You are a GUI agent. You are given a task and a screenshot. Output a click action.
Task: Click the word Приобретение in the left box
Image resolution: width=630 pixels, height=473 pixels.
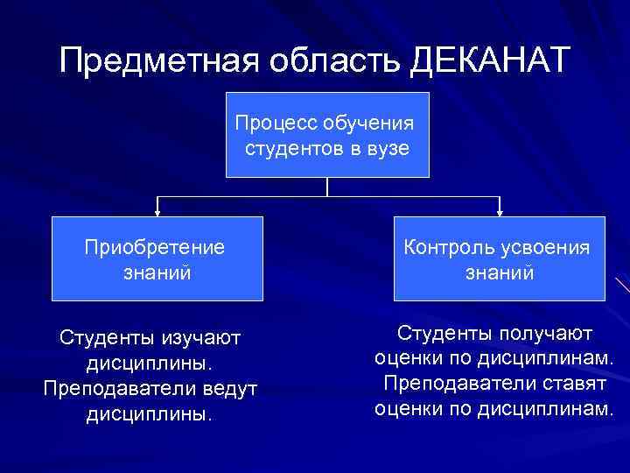[155, 247]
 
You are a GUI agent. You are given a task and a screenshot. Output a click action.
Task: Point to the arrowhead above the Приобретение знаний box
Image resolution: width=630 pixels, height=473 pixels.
[157, 210]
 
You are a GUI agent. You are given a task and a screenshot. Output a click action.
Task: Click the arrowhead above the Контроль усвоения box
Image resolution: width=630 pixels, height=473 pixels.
[499, 210]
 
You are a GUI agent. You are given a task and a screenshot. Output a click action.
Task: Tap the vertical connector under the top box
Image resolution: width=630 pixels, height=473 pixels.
[327, 187]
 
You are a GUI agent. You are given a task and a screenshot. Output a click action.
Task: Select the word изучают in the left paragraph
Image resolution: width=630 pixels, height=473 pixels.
[199, 336]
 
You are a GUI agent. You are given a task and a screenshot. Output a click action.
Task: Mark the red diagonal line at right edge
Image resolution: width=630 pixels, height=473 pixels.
[622, 286]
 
